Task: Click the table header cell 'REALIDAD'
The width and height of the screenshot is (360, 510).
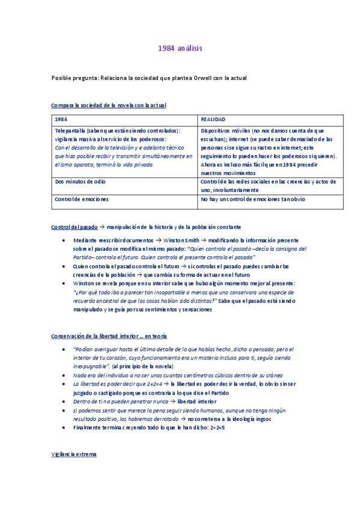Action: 213,119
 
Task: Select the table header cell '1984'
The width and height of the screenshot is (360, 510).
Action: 60,119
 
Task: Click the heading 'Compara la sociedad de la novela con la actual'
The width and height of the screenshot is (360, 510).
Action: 109,105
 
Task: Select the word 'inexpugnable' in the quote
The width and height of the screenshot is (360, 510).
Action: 90,366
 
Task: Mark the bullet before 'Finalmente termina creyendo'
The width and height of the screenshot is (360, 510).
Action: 64,428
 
